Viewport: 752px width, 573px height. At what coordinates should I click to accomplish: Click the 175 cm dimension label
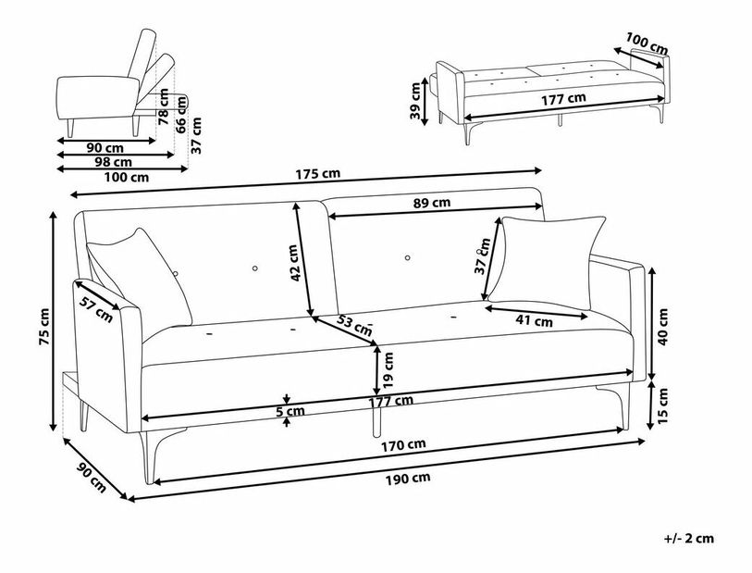tap(317, 173)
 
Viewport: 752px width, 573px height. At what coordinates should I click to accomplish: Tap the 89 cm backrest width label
tap(432, 203)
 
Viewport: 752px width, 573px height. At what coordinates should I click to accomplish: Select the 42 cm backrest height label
tap(295, 263)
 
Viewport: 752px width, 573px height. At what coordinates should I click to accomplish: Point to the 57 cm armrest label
tap(96, 309)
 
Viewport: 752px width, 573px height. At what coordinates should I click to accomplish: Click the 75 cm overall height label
tap(43, 327)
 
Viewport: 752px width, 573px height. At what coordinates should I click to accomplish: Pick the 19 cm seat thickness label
tap(388, 370)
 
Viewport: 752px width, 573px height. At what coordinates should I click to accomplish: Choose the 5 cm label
tap(290, 411)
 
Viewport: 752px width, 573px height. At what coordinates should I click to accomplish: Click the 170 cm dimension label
tap(403, 445)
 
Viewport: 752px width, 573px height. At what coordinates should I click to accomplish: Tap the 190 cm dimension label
tap(408, 479)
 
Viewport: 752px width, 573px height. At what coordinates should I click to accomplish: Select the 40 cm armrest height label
tap(662, 327)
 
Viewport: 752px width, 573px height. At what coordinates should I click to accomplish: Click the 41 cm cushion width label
tap(535, 320)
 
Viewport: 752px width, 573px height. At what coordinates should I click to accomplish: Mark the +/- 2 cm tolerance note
tap(689, 539)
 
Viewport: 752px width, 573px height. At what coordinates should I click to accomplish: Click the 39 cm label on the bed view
tap(415, 101)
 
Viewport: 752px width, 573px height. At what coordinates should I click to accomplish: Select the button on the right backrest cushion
tap(407, 257)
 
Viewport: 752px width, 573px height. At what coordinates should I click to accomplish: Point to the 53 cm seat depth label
tap(354, 325)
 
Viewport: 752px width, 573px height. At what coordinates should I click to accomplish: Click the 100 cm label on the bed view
tap(647, 44)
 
